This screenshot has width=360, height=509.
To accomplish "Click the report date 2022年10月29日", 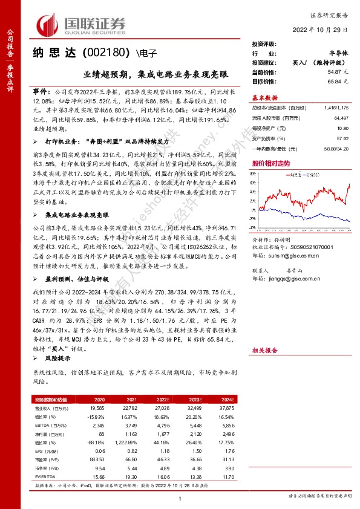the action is [x=326, y=30].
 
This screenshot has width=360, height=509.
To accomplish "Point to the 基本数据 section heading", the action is [x=265, y=97].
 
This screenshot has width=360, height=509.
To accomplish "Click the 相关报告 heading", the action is [x=265, y=350].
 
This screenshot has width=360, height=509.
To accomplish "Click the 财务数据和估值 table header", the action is [x=51, y=400].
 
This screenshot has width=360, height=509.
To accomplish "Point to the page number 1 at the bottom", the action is [x=180, y=498].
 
